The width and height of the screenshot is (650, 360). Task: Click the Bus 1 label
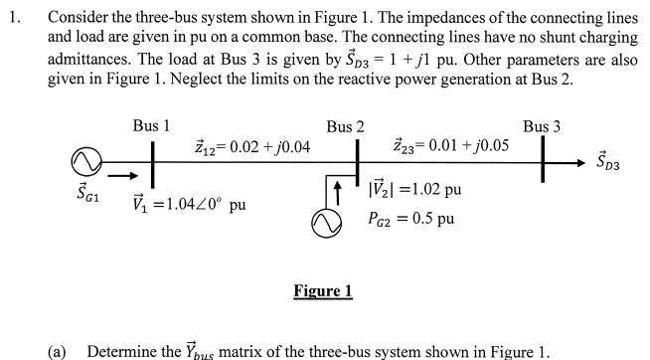152,127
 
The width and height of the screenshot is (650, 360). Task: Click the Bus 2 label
345,127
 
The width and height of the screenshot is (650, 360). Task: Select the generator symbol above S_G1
83,159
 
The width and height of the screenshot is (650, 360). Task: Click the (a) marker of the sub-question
60,351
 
